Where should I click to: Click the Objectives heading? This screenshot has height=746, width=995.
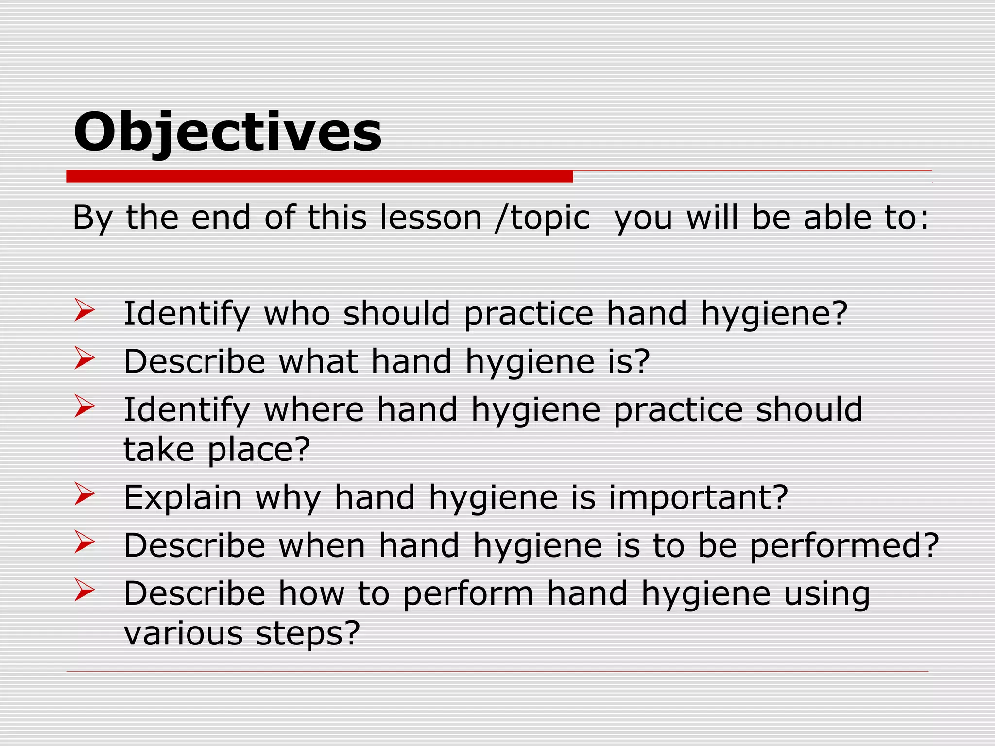point(227,132)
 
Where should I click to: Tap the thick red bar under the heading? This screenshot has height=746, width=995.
point(319,176)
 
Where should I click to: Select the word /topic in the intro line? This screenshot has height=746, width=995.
point(542,219)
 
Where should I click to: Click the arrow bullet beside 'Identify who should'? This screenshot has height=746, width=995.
point(84,311)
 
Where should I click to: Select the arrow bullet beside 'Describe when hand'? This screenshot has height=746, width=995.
point(84,542)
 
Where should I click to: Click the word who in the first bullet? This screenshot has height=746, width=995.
point(297,313)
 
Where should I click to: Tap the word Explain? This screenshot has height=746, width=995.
point(182,498)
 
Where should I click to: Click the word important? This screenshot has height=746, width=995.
point(698,499)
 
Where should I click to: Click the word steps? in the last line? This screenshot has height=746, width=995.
point(308,634)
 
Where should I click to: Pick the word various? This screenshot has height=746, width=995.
point(183,633)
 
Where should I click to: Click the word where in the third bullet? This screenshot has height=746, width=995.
point(313,409)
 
